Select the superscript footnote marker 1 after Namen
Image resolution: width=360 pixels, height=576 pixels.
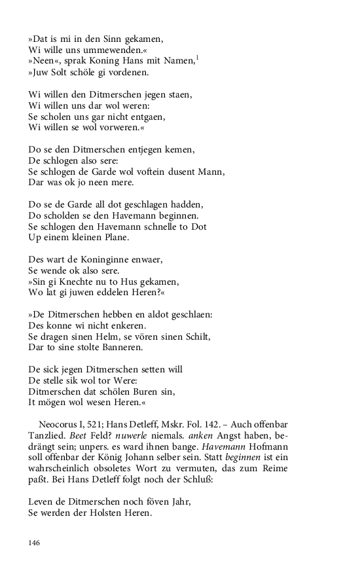click(197, 58)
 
